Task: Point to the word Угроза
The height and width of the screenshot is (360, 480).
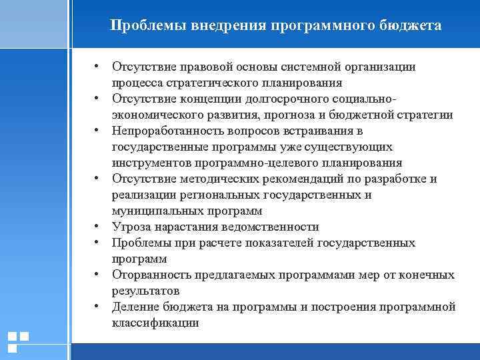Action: [x=131, y=227]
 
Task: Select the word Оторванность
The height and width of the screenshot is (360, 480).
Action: [x=151, y=275]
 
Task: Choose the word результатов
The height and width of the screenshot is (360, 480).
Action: [x=145, y=291]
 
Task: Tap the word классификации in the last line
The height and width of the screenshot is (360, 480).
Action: [x=155, y=323]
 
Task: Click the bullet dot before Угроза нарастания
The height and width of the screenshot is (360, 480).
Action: [x=97, y=227]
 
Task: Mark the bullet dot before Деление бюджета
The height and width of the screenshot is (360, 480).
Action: [x=97, y=307]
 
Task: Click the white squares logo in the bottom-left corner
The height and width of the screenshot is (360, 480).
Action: [x=17, y=341]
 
